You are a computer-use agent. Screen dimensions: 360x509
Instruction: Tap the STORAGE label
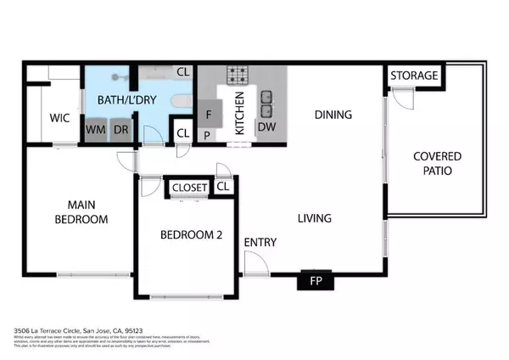coord(415,76)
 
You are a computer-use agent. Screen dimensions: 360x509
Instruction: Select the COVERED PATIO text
coord(438,163)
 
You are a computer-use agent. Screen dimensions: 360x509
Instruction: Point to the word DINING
coord(333,114)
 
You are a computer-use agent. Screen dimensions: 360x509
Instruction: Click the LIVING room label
coord(314,218)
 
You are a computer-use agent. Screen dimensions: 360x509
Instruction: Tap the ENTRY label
coord(260,242)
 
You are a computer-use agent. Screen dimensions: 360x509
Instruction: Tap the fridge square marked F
coord(209,111)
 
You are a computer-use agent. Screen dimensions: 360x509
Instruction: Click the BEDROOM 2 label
coord(192,236)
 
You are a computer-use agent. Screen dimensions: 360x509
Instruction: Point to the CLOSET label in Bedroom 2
coord(189,188)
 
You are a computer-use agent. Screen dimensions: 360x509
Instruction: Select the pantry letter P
coord(206,135)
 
